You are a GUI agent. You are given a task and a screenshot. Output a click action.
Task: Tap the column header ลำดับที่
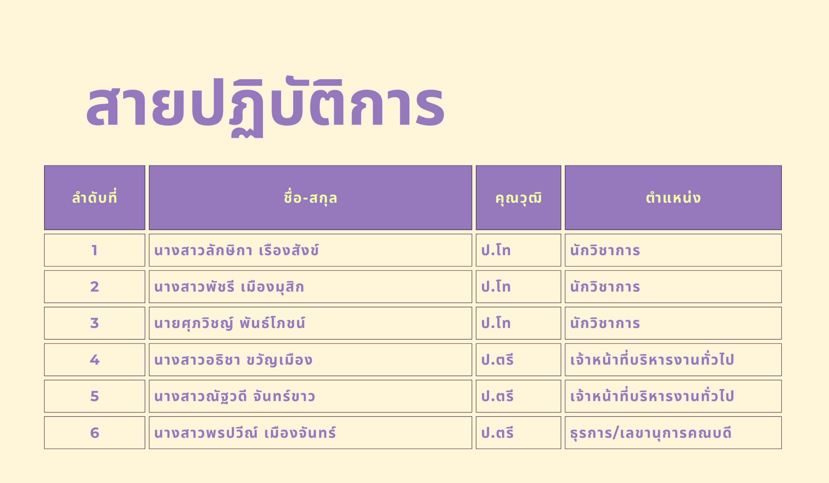tap(95, 197)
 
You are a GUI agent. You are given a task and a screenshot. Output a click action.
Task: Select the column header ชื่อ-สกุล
tap(310, 197)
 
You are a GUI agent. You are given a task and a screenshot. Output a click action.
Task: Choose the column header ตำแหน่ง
tap(673, 197)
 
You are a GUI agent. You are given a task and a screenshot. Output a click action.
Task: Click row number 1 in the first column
tap(95, 250)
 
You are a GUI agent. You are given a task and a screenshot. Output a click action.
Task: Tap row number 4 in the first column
tap(95, 359)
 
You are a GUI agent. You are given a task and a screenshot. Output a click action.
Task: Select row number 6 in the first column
tap(95, 433)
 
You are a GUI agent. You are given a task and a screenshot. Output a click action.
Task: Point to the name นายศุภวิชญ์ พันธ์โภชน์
tap(230, 323)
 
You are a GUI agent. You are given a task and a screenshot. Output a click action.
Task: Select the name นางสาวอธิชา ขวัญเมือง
tap(233, 359)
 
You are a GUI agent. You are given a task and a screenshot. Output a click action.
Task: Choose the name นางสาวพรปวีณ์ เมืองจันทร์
tap(245, 432)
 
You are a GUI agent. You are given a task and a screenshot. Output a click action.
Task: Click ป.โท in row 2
tap(496, 286)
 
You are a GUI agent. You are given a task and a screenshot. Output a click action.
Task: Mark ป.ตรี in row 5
tap(497, 395)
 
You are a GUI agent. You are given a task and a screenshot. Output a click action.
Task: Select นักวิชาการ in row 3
tap(605, 323)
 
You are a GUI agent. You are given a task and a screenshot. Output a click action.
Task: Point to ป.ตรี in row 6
tap(497, 432)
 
